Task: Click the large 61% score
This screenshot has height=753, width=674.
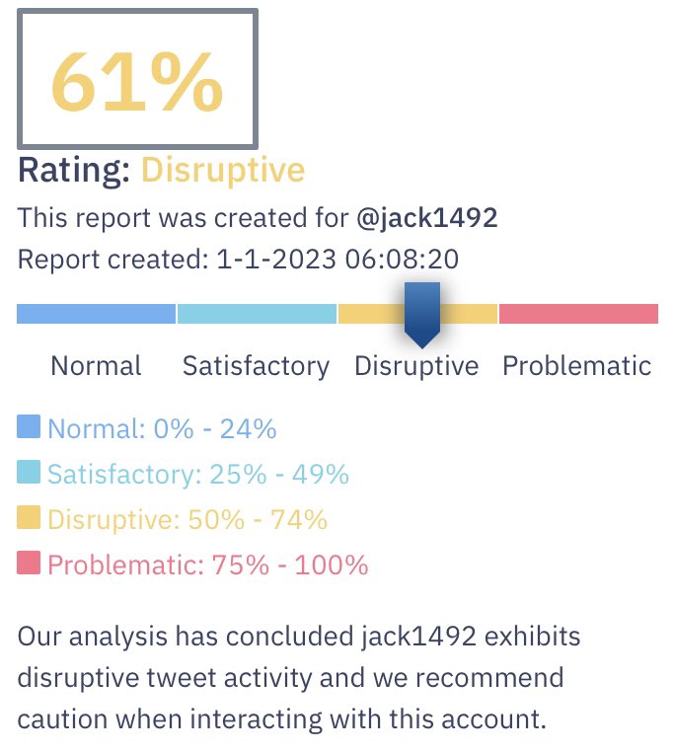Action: tap(137, 81)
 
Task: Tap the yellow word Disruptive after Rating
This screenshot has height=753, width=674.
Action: tap(223, 170)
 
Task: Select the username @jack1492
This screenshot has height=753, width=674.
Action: tap(426, 217)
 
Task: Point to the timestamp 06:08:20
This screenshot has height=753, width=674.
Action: tap(402, 261)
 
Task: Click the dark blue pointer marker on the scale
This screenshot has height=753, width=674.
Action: tap(422, 315)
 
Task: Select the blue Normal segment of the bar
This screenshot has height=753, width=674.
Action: tap(96, 314)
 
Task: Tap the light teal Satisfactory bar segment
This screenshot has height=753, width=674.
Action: tap(257, 314)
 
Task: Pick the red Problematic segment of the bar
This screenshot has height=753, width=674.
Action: tap(578, 314)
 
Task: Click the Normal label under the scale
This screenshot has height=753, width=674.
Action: tap(96, 366)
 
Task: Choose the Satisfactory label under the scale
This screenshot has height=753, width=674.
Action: tap(256, 366)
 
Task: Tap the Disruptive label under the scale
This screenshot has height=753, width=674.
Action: tap(416, 366)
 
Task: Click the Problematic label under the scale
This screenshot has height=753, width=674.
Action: tap(577, 366)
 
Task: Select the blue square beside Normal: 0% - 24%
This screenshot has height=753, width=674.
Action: tap(29, 426)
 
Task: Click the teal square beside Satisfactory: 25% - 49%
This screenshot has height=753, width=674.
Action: tap(29, 472)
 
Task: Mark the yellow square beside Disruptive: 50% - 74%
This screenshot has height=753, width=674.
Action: tap(29, 517)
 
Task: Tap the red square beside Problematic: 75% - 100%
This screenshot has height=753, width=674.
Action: tap(29, 563)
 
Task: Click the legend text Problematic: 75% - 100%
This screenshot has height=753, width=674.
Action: tap(207, 565)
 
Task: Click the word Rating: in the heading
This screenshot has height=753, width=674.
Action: tap(74, 170)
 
